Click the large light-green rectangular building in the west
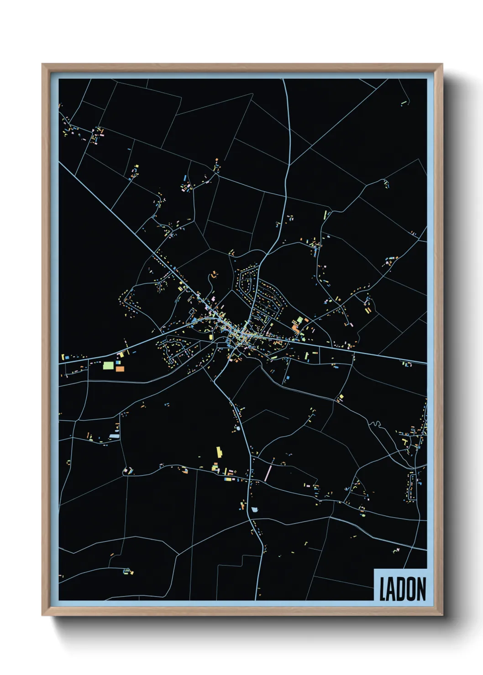point(108,365)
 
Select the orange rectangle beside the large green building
point(120,368)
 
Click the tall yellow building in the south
point(219,452)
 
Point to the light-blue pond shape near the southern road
point(254,509)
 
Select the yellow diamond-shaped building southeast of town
point(340,398)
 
